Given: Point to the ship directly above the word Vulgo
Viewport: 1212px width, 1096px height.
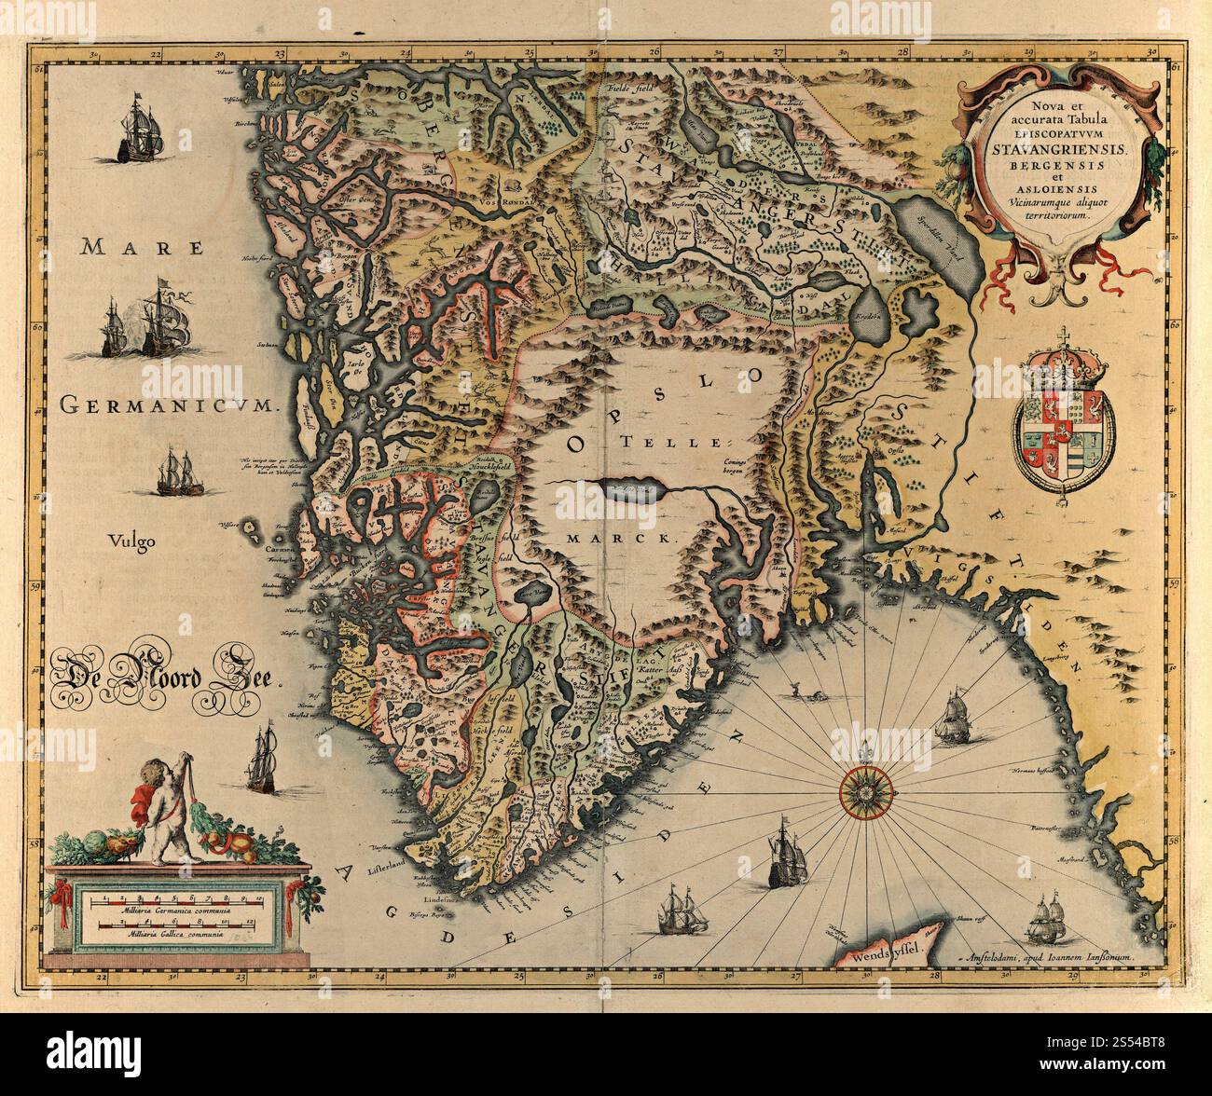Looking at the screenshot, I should click(x=176, y=473).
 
